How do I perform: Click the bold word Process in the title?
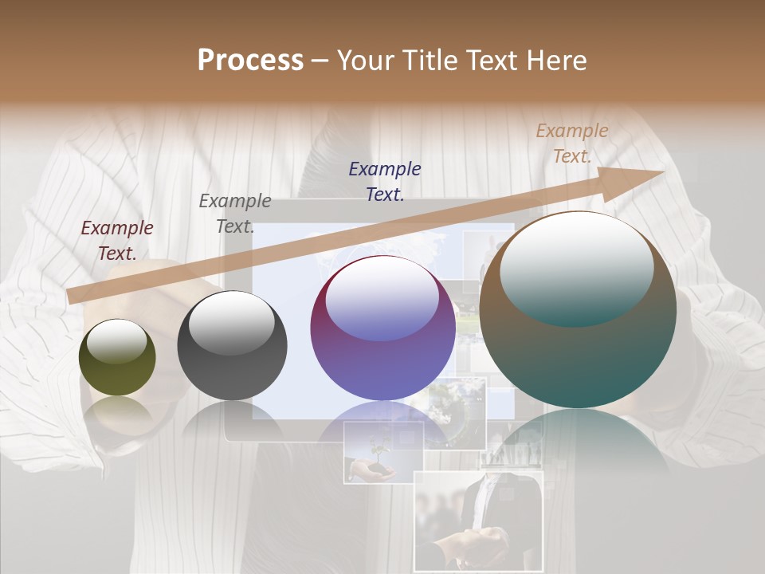tap(250, 61)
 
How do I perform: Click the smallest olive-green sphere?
tap(117, 358)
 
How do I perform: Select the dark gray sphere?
tap(232, 346)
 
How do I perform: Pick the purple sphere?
tap(382, 328)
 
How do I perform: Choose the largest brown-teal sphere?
tap(578, 310)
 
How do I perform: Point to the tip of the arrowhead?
tap(665, 171)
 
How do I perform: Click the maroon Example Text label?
tap(117, 241)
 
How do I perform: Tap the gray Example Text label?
tap(235, 213)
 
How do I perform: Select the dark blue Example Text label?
tap(385, 181)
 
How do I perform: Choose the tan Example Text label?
tap(572, 143)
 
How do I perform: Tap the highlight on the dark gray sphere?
tap(231, 321)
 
